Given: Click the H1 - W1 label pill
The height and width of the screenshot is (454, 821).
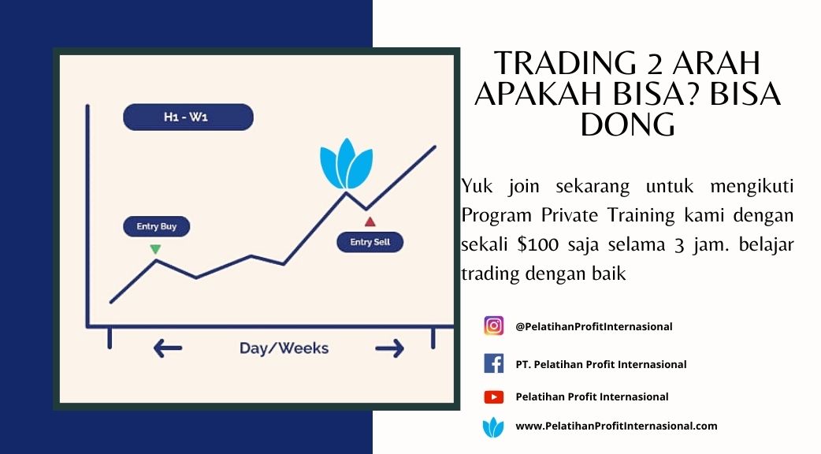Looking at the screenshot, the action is tap(188, 117).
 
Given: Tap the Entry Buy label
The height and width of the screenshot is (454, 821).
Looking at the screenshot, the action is tap(157, 226).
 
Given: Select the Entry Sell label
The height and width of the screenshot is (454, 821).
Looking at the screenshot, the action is tap(370, 242).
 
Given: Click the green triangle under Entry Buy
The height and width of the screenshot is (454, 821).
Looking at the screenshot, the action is tap(155, 249).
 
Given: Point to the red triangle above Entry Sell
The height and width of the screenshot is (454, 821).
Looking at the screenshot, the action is tap(370, 222).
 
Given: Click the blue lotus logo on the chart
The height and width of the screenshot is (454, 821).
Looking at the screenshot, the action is tap(346, 164).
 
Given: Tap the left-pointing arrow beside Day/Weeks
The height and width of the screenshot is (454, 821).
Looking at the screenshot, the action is tap(168, 348).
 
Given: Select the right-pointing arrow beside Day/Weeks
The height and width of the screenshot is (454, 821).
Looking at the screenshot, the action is tap(389, 348).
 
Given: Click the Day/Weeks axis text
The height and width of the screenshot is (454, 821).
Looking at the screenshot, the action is tap(284, 348).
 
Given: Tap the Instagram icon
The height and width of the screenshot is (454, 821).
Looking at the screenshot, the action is tap(494, 326).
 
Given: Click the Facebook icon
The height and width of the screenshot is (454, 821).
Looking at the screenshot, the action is tap(494, 363).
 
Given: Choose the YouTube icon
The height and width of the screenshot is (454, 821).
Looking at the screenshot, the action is tap(494, 397).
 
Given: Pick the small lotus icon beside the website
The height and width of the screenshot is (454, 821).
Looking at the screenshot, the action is tap(493, 427).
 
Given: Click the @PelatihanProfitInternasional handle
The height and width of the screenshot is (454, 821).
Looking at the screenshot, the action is tap(594, 327).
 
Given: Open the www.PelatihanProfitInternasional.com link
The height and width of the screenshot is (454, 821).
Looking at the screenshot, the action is tap(616, 426).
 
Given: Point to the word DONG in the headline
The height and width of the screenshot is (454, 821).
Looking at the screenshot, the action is tap(628, 125).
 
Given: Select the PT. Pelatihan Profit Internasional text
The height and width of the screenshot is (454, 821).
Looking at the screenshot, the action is tap(601, 364).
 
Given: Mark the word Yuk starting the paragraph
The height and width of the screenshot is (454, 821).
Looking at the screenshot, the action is tap(477, 187).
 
